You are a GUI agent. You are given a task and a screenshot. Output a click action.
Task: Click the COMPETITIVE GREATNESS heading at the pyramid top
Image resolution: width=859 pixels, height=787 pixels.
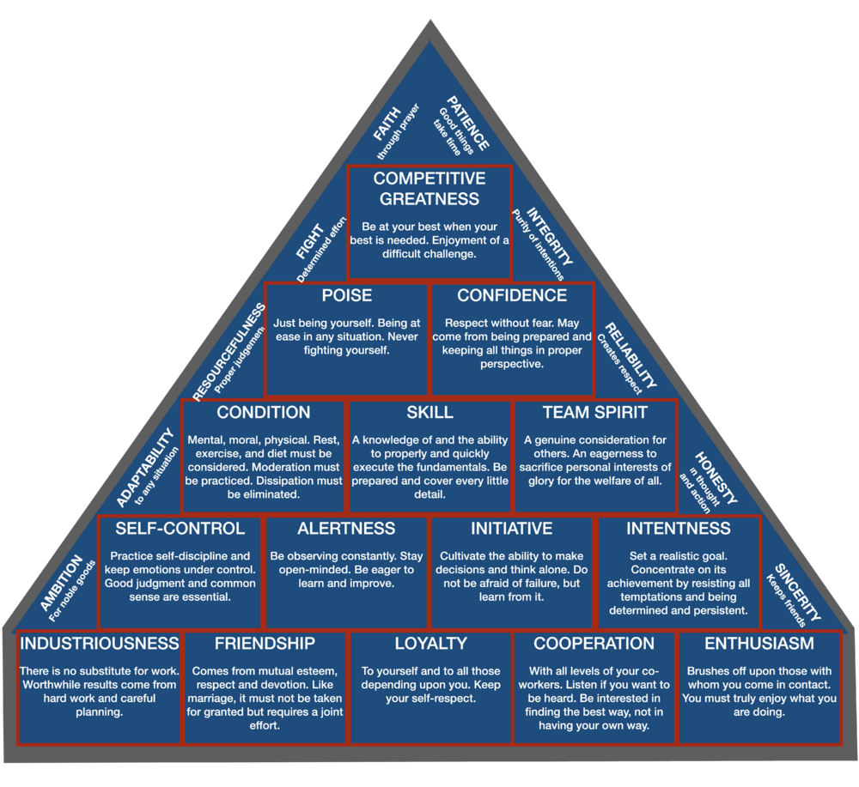[429, 189]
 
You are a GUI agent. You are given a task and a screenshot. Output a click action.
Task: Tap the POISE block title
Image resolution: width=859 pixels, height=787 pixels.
[347, 296]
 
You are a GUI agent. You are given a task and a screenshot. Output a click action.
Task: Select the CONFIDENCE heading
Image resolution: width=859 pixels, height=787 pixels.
[512, 296]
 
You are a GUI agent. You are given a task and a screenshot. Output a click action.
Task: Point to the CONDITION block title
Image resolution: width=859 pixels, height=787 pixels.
[264, 413]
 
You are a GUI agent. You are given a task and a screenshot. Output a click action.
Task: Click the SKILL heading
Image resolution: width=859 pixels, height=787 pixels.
[429, 413]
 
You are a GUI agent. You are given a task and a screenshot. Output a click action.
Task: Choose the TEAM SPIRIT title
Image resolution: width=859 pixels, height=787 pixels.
[595, 413]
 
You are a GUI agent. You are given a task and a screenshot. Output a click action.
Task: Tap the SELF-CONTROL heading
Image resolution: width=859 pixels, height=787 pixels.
[180, 529]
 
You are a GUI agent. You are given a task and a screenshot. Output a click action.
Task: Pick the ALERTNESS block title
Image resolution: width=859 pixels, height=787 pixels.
[346, 529]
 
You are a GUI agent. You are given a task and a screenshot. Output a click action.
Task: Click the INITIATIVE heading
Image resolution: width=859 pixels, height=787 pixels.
[511, 529]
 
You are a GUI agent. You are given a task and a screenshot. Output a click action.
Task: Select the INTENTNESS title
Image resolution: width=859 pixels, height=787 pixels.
[679, 529]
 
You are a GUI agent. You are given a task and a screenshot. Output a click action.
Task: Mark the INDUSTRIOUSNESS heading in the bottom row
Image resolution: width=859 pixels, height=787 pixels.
[99, 644]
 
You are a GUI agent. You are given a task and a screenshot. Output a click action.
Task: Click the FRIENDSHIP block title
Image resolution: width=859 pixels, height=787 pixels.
[265, 644]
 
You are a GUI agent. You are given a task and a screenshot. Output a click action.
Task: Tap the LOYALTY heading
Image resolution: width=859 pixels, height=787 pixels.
[430, 644]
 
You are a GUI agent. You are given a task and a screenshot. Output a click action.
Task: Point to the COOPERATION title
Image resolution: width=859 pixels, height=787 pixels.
[594, 644]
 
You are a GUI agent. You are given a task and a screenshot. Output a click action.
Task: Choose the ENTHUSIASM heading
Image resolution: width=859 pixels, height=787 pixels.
[759, 644]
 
